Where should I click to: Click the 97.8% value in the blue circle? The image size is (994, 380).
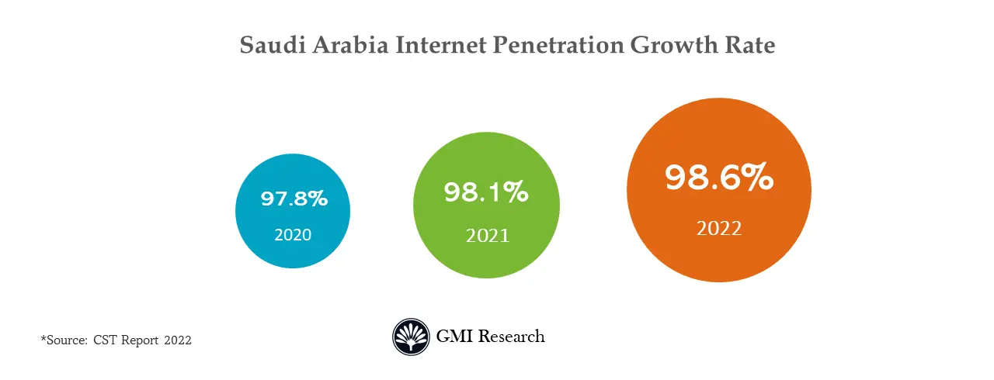294,199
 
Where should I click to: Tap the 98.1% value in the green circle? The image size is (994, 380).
486,192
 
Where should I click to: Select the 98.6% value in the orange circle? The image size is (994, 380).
719,178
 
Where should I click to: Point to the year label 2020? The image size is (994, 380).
293,234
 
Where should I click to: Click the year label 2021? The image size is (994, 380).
488,235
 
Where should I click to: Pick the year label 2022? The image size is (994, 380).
719,229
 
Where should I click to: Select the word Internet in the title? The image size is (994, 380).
441,45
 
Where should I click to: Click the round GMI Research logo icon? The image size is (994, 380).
410,337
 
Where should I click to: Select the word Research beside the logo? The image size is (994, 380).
512,337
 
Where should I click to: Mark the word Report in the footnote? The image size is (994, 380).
140,340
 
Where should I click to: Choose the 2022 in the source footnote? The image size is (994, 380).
177,340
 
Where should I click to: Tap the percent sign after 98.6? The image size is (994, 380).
756,178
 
